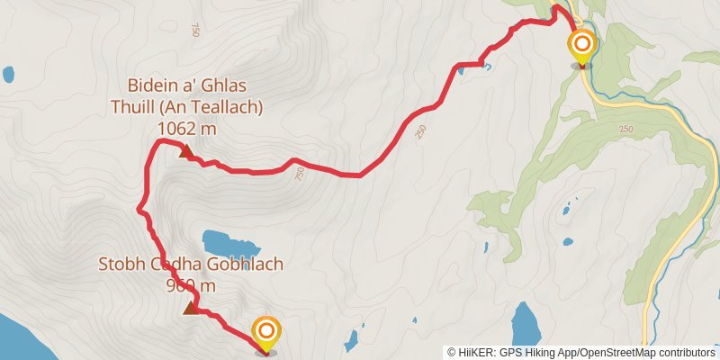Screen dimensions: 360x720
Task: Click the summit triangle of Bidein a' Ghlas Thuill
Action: tap(186, 151)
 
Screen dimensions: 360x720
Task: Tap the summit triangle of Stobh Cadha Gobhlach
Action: tap(190, 309)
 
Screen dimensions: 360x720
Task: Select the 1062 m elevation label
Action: tap(186, 129)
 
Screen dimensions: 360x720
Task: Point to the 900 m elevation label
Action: tap(191, 286)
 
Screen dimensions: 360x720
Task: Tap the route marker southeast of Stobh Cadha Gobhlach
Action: tap(266, 333)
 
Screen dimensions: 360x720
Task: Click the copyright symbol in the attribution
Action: tap(451, 352)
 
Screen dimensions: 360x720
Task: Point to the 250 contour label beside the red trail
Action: tap(420, 132)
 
